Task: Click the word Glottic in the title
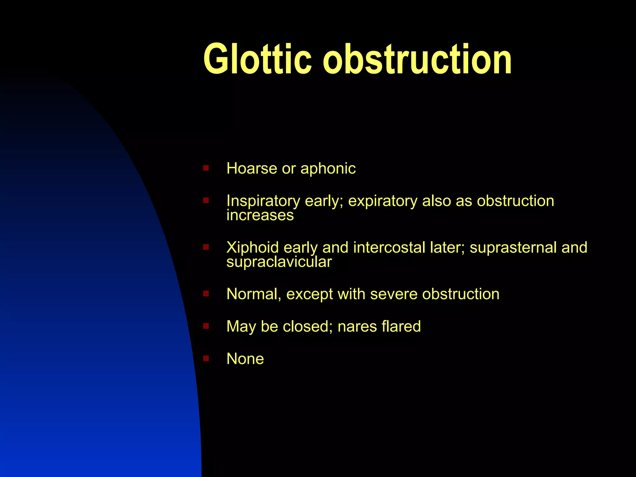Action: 257,59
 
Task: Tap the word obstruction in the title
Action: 417,59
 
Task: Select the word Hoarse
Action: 252,169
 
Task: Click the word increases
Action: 260,215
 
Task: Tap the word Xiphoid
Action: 252,248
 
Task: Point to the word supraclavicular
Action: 279,262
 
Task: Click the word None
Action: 245,359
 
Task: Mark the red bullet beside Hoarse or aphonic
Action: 206,168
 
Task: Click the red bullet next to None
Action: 206,359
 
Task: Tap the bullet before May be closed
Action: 206,326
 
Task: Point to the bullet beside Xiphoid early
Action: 206,247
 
